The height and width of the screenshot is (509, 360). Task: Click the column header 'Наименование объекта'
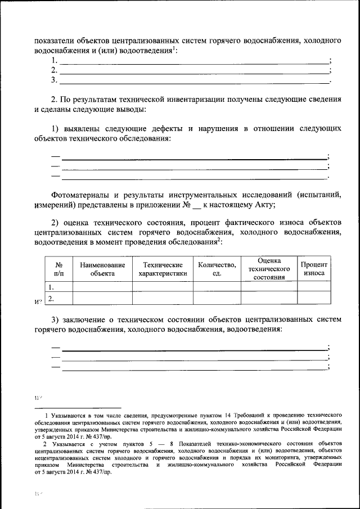coord(102,269)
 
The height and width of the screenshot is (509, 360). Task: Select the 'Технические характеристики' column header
coord(163,269)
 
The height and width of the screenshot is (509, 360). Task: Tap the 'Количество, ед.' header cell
coord(217,269)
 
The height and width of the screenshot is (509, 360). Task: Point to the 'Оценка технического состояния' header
coord(269,269)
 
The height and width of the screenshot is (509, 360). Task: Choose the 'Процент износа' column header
coord(314,269)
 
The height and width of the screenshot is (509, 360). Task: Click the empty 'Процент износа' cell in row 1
coord(314,286)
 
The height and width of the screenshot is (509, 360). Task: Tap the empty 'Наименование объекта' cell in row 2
coord(102,298)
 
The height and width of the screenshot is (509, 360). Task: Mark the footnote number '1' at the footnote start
coord(48,414)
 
